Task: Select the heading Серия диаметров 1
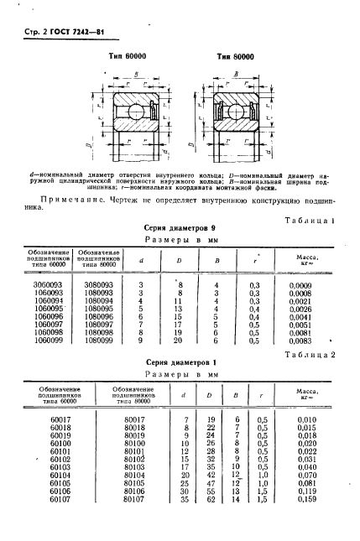[x=178, y=364]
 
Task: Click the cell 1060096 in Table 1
[x=49, y=318]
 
